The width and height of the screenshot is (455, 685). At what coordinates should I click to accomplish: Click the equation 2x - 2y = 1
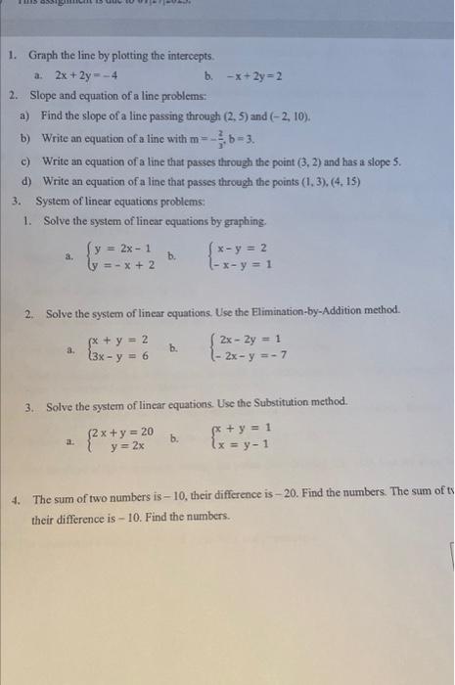[244, 341]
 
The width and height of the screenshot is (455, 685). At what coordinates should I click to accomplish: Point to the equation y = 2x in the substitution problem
[128, 448]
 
